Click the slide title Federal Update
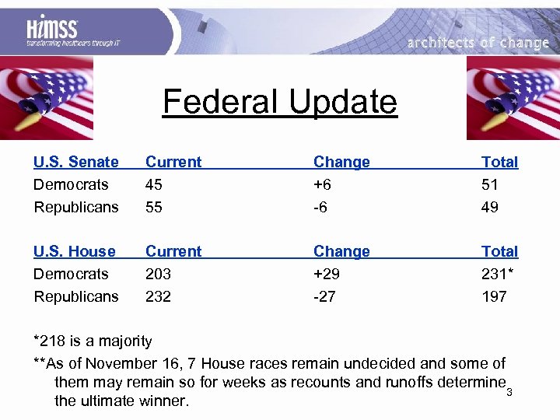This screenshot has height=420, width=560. point(279,102)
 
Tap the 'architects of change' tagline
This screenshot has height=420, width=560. point(478,43)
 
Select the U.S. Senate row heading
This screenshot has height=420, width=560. point(75,162)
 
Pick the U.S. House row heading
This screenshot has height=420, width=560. point(74,251)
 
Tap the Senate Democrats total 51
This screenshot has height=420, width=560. point(491,184)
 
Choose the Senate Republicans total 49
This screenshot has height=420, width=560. point(491,207)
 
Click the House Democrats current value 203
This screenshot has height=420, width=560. point(159,274)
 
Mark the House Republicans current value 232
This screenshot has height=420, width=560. point(159,296)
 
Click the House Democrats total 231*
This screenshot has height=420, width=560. point(497,274)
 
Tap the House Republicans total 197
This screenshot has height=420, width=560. point(494,296)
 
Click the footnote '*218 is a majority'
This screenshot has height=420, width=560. point(93,341)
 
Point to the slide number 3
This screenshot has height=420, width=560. point(509,391)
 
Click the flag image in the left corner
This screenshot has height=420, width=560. point(47,97)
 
